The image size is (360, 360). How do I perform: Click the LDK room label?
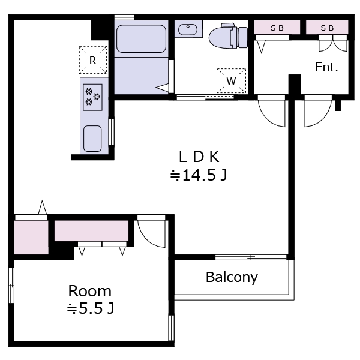click(199, 157)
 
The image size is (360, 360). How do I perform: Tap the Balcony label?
click(232, 277)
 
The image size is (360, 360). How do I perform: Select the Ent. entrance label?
click(326, 67)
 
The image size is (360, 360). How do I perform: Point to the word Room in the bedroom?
click(90, 291)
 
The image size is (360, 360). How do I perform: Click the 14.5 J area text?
click(199, 176)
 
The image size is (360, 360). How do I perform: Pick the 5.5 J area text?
click(91, 308)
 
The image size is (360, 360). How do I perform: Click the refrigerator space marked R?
click(93, 60)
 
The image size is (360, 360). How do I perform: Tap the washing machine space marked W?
click(231, 81)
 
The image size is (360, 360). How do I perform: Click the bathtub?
click(141, 39)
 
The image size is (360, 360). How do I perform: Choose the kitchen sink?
click(92, 139)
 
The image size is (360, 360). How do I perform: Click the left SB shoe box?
click(277, 28)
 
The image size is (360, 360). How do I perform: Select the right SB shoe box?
click(327, 28)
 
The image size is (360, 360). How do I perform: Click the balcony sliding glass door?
click(251, 257)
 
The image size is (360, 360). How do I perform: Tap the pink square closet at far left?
click(31, 238)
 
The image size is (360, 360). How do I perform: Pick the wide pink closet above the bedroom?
click(91, 231)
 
